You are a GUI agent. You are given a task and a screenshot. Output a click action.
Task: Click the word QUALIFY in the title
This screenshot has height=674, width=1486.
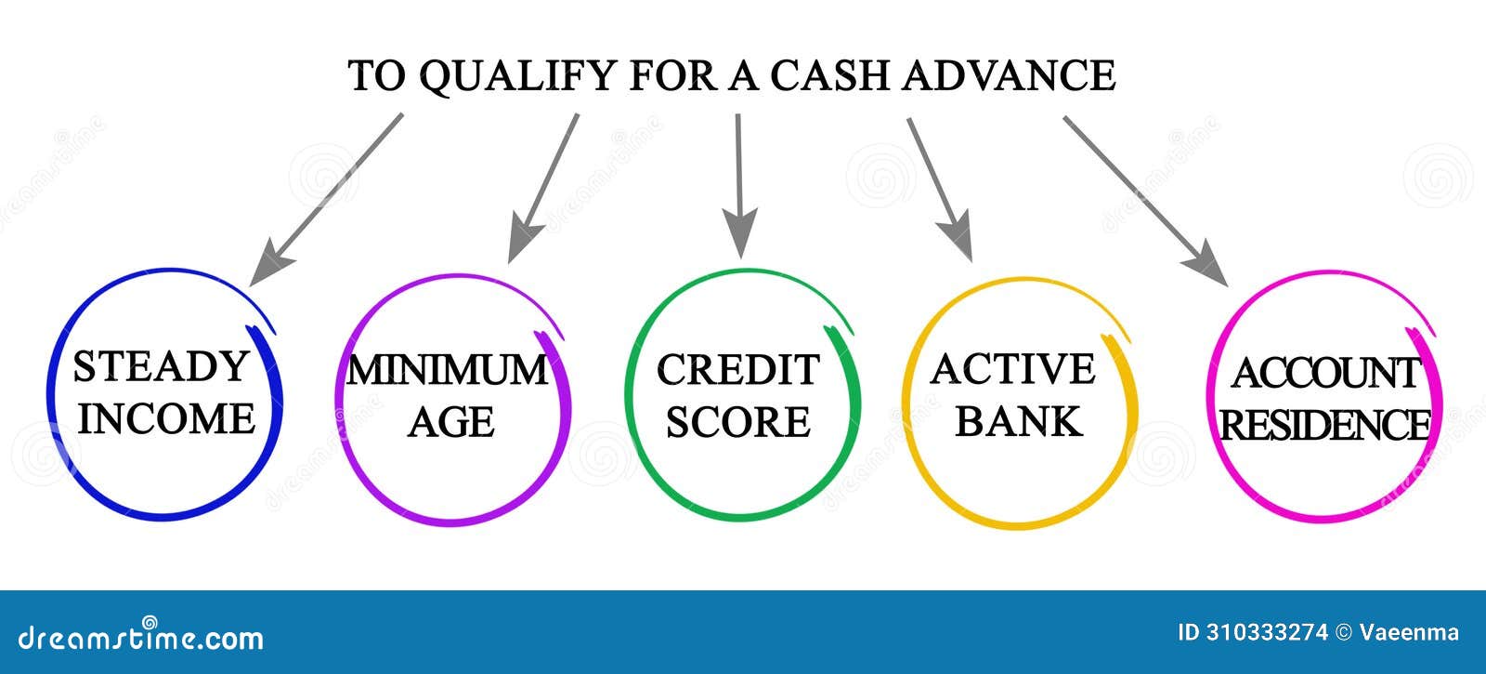518,76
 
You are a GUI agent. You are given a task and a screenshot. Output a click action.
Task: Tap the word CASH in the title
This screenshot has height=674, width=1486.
829,75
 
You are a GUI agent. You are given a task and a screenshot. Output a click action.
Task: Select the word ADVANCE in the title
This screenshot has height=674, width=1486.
1009,75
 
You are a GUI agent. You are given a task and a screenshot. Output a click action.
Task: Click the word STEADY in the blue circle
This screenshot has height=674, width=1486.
161,366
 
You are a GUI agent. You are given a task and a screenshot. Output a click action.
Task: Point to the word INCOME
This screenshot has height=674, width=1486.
166,418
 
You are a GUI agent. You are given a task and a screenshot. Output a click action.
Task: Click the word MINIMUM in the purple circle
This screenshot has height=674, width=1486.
448,370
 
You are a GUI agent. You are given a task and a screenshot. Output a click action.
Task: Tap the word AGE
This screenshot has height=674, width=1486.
451,422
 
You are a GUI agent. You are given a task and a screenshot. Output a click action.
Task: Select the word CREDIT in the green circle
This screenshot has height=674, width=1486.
738,369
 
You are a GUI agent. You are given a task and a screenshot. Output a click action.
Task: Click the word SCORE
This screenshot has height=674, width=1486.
738,422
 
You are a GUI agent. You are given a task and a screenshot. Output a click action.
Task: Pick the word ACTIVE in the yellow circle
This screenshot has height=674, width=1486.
1013,368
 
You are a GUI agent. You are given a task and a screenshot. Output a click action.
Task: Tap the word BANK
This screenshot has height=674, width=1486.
1018,421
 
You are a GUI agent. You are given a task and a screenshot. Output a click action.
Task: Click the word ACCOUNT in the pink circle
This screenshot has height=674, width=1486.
1326,373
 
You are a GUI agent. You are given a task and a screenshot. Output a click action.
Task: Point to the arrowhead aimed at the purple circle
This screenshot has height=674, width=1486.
524,241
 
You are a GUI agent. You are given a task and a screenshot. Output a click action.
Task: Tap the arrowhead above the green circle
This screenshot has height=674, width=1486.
740,232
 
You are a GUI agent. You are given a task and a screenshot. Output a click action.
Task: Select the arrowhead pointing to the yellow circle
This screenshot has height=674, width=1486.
958,238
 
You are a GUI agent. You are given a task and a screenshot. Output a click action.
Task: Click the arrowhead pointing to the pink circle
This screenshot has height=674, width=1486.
1207,265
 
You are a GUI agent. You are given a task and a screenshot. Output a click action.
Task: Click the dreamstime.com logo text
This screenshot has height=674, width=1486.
140,636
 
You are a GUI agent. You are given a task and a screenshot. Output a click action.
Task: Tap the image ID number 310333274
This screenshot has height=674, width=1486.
1267,632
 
